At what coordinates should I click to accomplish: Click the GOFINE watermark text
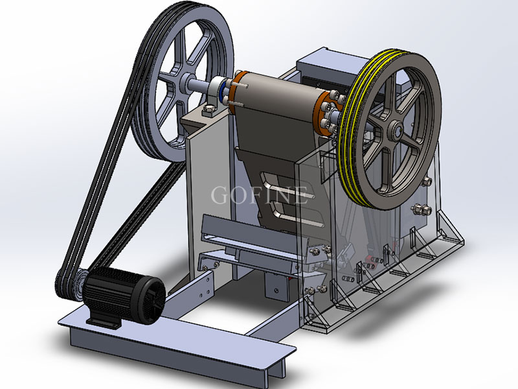[260, 195]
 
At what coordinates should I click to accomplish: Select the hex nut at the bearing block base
[208, 110]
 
